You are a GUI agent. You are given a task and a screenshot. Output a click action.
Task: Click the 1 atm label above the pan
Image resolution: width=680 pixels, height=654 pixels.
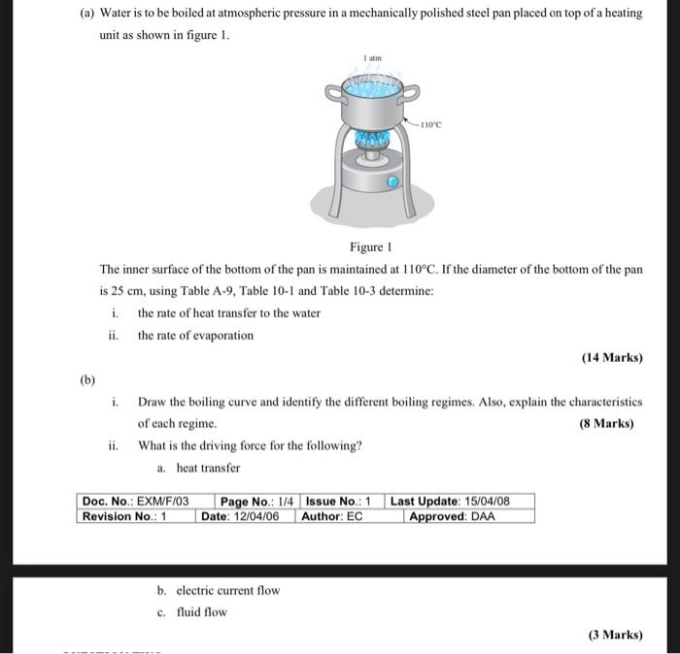373,58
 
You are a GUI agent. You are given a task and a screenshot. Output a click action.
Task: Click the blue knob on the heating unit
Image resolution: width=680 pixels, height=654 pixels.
392,181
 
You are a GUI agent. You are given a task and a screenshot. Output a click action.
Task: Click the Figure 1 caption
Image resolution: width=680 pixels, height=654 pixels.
370,247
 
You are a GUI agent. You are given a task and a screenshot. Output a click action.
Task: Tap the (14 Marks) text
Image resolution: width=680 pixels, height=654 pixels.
612,357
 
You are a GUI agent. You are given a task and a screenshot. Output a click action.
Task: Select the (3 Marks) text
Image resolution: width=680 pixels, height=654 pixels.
615,635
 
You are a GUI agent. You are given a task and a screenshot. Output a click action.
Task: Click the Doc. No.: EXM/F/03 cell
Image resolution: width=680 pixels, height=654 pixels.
135,502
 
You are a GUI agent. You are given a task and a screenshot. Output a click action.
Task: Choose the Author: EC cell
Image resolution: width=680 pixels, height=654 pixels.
332,516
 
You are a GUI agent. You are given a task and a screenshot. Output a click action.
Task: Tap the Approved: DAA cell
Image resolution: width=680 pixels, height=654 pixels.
452,516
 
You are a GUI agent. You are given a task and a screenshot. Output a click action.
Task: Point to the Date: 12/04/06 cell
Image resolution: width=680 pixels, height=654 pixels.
240,516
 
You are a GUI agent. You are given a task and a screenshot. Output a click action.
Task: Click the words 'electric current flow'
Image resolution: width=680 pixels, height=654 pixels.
229,590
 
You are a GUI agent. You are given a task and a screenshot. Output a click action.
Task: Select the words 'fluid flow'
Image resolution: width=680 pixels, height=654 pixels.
202,612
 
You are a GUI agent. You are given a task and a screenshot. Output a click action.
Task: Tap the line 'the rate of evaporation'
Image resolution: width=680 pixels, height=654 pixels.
195,336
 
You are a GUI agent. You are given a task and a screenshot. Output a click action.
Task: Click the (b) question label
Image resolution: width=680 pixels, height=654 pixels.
88,380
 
